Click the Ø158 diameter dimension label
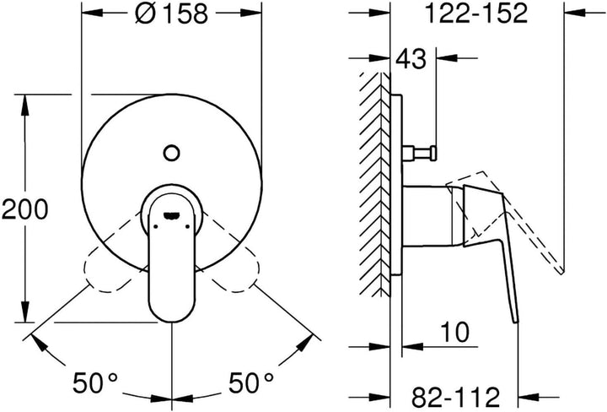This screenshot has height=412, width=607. coord(171,14)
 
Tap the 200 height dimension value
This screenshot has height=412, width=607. coord(25,209)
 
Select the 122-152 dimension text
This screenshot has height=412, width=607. coord(476,14)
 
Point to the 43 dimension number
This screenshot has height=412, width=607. coord(411,59)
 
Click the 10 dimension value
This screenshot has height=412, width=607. coord(455,332)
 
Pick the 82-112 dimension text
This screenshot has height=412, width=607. coord(455,398)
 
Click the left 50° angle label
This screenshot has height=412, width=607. coord(94,382)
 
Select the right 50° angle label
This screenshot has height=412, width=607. coord(250,382)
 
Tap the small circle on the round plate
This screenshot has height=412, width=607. coord(171,153)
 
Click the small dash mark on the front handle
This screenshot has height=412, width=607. coord(172,214)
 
